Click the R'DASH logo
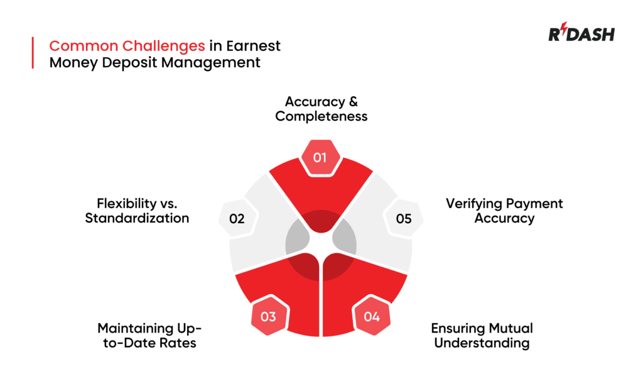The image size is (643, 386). pyautogui.click(x=581, y=32)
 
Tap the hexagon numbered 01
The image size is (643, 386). pyautogui.click(x=320, y=158)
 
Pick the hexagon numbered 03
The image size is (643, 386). pyautogui.click(x=269, y=316)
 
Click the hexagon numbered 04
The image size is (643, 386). pyautogui.click(x=372, y=316)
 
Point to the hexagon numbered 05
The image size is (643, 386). pyautogui.click(x=404, y=218)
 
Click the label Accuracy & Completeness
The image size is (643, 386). pyautogui.click(x=321, y=109)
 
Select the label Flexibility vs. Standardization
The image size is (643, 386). pyautogui.click(x=137, y=211)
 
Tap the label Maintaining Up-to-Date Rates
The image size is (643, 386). pyautogui.click(x=149, y=336)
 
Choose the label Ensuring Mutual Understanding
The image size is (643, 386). pyautogui.click(x=482, y=336)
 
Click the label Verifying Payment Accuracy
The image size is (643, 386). pyautogui.click(x=504, y=211)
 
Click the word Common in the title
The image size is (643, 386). pyautogui.click(x=84, y=46)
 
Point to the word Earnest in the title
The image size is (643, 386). pyautogui.click(x=253, y=46)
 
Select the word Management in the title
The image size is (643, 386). pyautogui.click(x=210, y=63)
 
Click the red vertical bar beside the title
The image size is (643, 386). pyautogui.click(x=33, y=53)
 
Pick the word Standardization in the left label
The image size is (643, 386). pyautogui.click(x=137, y=218)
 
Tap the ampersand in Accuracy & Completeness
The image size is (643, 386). pyautogui.click(x=353, y=101)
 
